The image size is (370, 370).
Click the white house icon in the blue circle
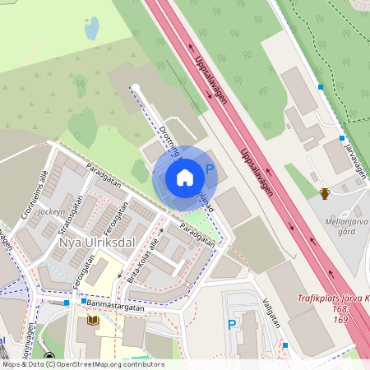tap(185, 177)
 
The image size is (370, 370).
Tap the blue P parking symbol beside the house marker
tap(210, 170)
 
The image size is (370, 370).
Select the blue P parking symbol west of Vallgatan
tap(232, 326)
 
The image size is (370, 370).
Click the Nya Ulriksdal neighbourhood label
tap(96, 243)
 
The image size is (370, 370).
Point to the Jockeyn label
tap(51, 211)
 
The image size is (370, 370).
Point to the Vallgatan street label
tap(272, 312)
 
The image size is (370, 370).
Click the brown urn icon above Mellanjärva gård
tap(325, 194)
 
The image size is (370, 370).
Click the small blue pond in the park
tap(91, 30)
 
